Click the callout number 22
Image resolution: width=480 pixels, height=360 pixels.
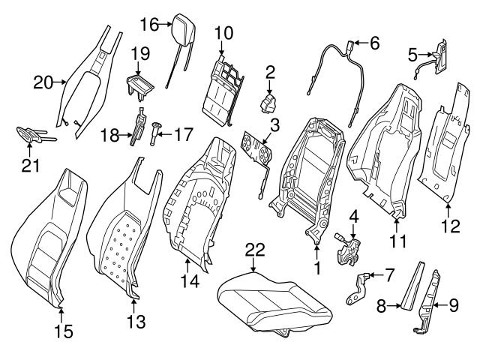[255, 250]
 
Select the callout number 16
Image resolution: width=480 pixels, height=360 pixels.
[148, 25]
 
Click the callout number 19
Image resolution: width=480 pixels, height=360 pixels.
[142, 53]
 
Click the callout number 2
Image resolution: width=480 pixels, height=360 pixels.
[271, 73]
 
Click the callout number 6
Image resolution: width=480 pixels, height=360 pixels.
[374, 43]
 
